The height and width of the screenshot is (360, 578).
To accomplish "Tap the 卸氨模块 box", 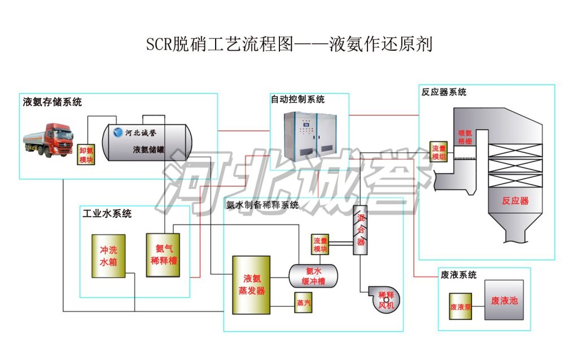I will tap(86, 155).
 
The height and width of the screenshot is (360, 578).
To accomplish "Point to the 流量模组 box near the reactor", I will tap(439, 152).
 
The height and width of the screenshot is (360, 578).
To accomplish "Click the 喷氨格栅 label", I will tap(465, 138).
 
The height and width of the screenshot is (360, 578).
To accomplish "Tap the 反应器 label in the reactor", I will tap(515, 201).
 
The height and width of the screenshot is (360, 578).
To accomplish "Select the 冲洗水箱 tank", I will tap(109, 256).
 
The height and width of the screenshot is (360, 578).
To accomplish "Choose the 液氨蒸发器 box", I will tap(251, 284).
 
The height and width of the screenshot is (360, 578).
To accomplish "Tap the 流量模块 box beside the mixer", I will tap(321, 244).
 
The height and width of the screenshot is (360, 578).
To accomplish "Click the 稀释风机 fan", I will tap(386, 298).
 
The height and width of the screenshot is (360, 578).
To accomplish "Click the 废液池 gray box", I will tap(504, 300).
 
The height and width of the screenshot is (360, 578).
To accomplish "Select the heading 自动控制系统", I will tap(297, 99).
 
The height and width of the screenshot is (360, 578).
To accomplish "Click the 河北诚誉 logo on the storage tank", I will tap(134, 133).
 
